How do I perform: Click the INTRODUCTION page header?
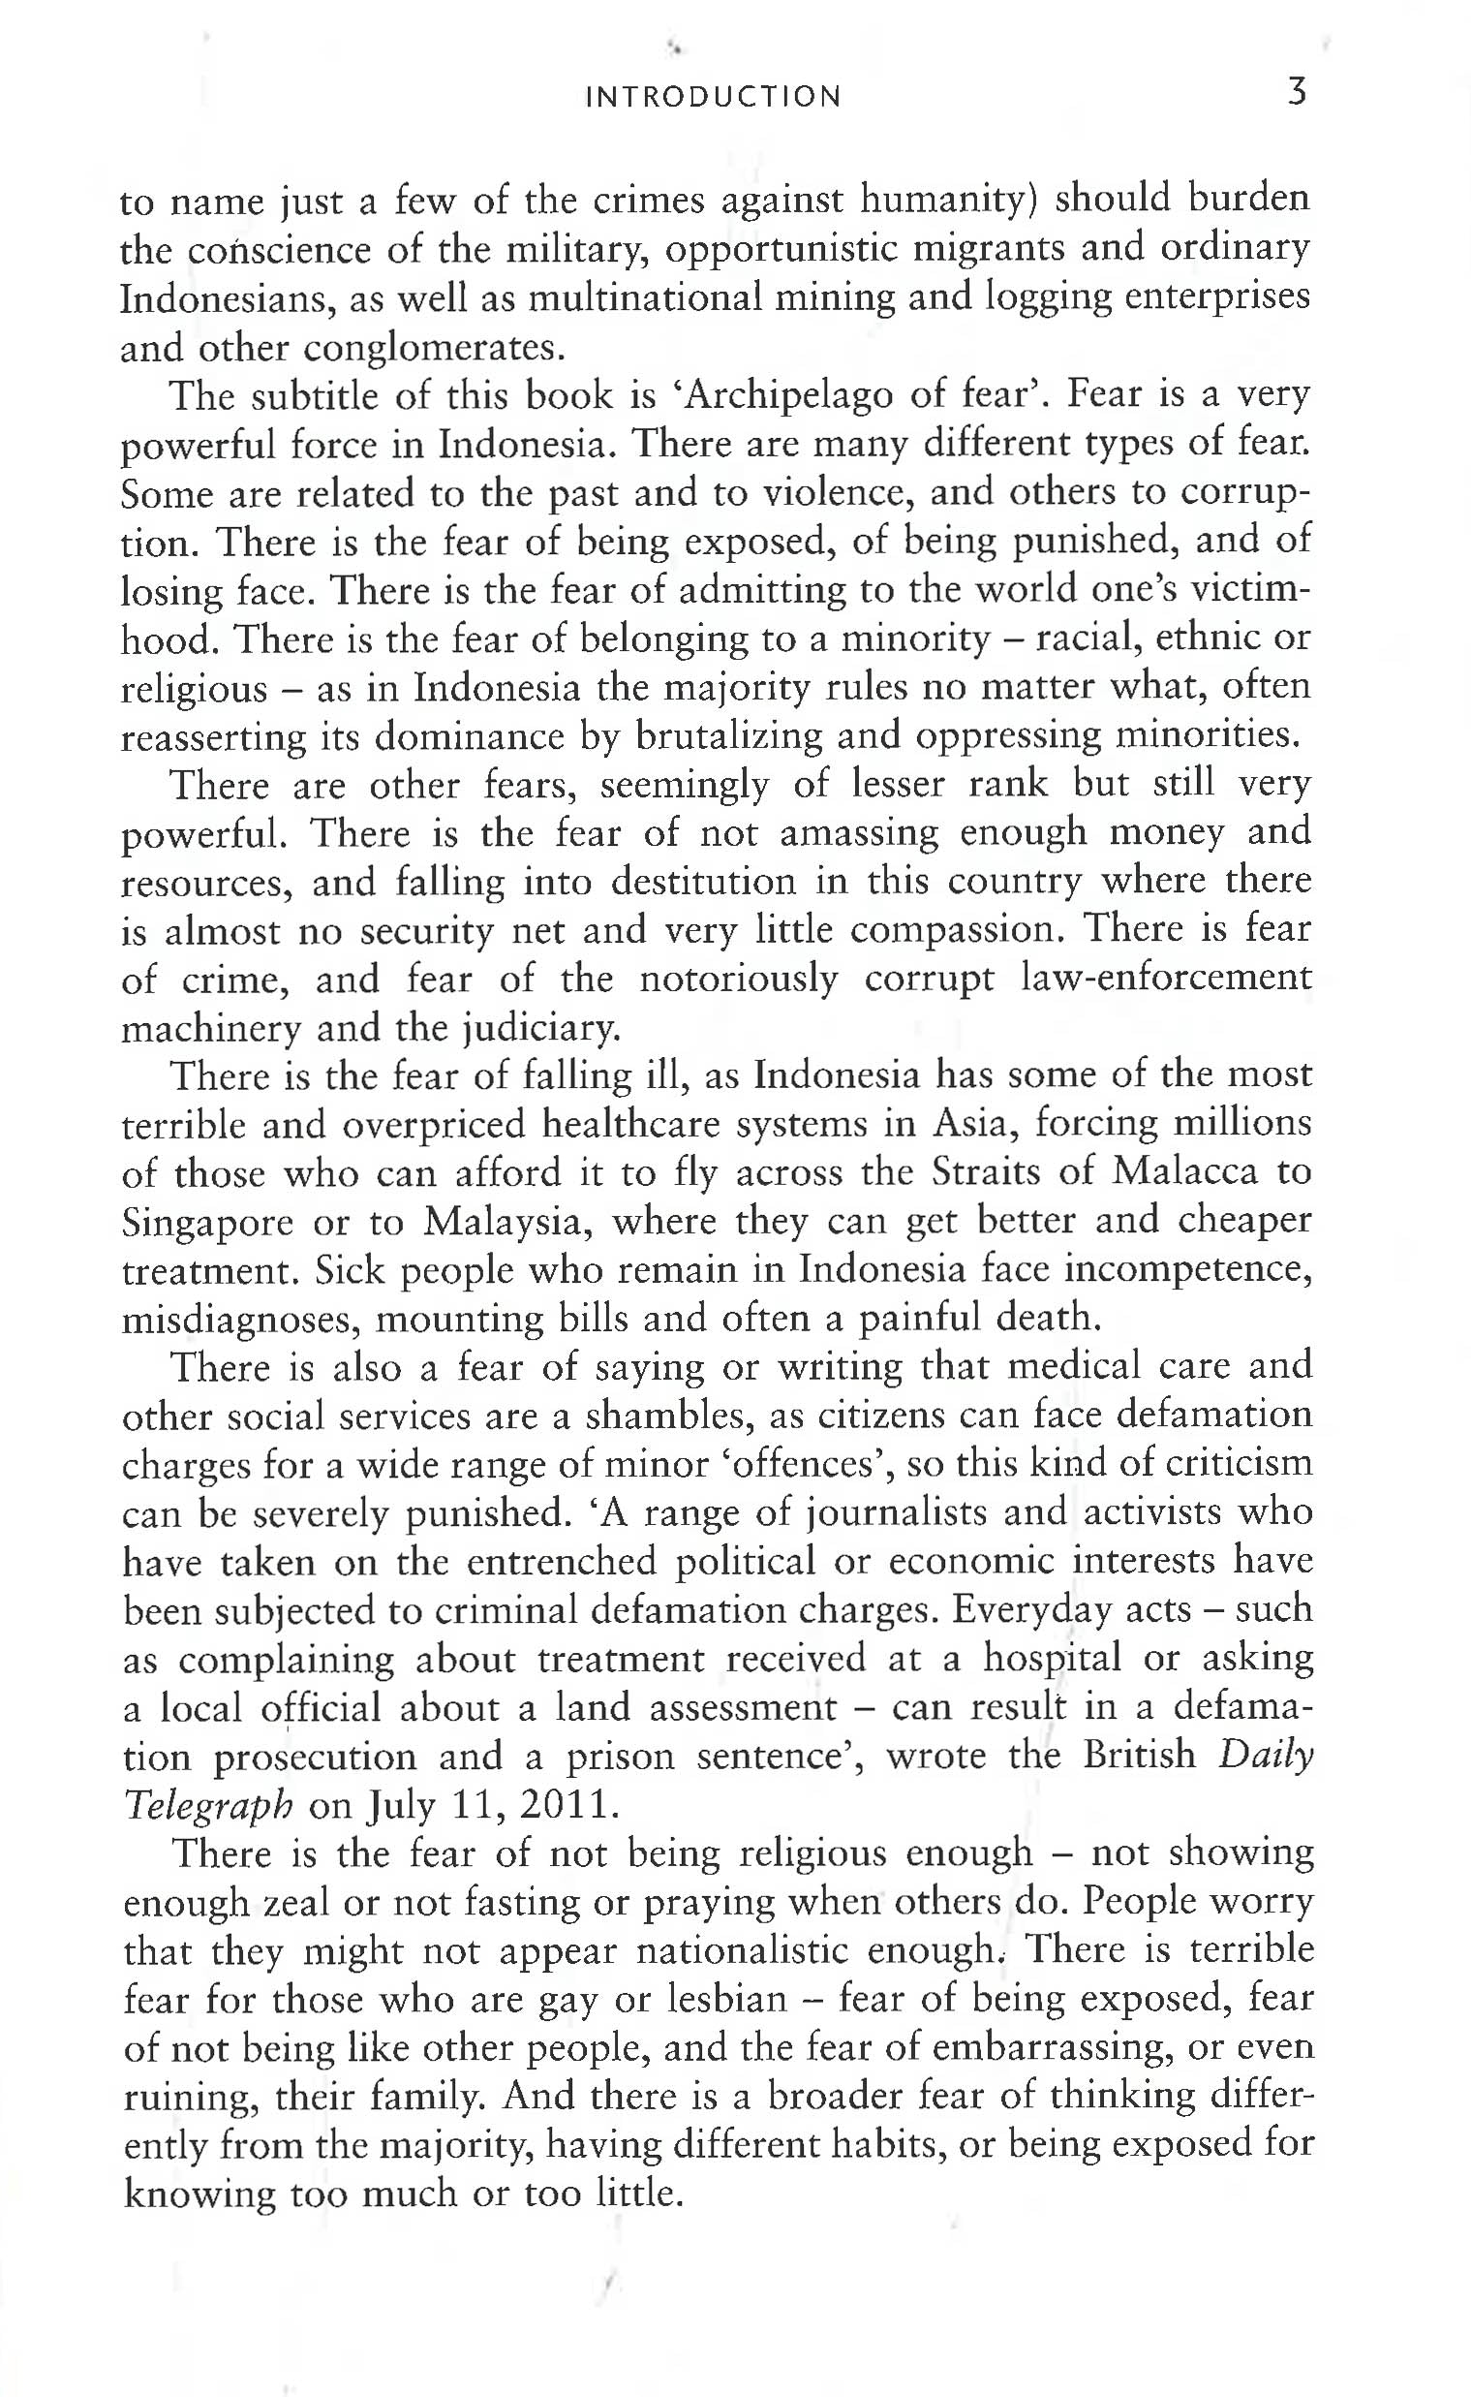point(714,97)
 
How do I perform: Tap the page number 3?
point(1297,93)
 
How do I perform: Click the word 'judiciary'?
point(539,1029)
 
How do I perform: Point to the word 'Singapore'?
point(207,1224)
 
